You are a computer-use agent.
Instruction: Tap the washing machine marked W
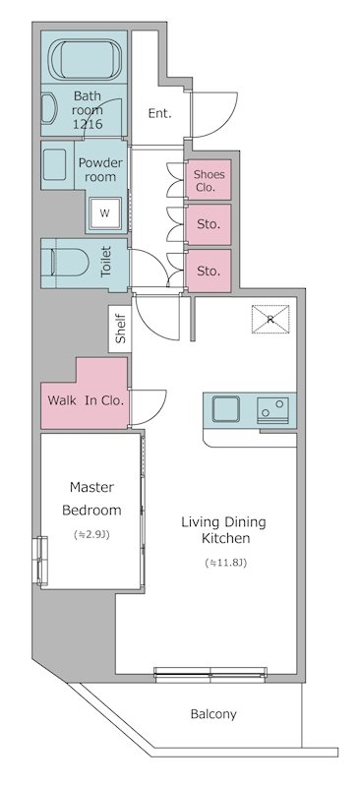[x=105, y=212]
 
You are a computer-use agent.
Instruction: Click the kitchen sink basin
[x=225, y=409]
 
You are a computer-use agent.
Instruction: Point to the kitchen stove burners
[x=273, y=410]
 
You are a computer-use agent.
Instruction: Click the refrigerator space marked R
[x=270, y=319]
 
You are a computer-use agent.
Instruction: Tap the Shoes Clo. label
[x=209, y=181]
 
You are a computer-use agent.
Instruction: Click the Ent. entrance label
[x=159, y=113]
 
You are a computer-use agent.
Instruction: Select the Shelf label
[x=121, y=330]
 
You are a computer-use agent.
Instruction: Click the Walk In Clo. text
[x=86, y=400]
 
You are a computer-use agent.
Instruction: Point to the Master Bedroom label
[x=91, y=499]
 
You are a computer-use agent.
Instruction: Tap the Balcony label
[x=213, y=714]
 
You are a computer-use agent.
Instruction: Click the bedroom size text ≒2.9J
[x=91, y=535]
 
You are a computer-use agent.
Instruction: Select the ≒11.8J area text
[x=225, y=563]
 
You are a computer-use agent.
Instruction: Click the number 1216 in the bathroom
[x=88, y=124]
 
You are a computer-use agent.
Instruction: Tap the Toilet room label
[x=106, y=262]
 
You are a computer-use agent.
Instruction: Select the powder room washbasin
[x=56, y=163]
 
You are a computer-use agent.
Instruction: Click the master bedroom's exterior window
[x=42, y=561]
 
